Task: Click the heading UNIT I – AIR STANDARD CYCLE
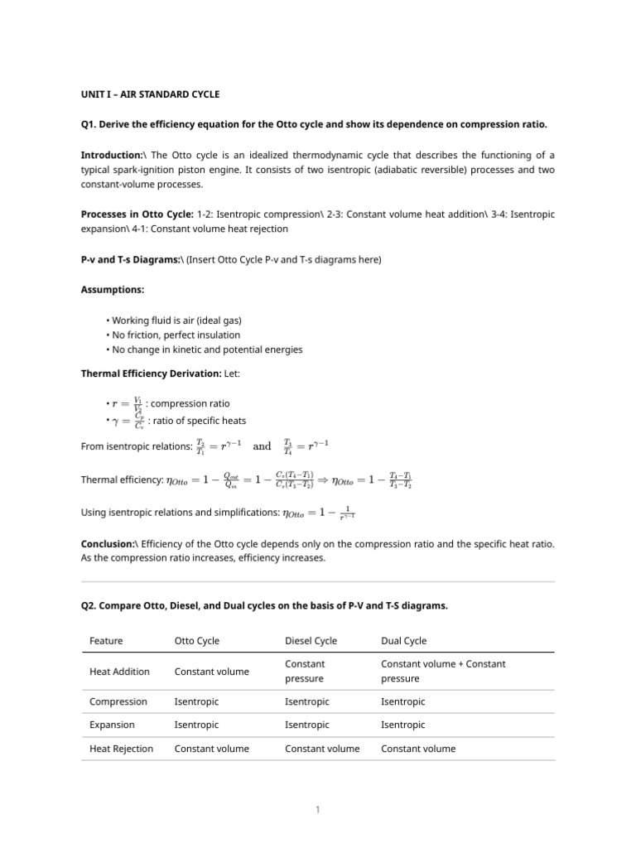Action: pos(150,94)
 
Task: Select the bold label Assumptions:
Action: pos(112,290)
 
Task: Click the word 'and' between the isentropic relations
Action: pos(262,446)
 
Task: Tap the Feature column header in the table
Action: pos(106,640)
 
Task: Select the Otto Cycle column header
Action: pos(197,640)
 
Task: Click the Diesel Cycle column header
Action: pos(311,640)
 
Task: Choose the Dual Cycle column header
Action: pos(403,640)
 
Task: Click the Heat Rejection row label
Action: pos(121,749)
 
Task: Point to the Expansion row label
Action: pos(113,725)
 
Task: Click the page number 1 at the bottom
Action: pos(318,809)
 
